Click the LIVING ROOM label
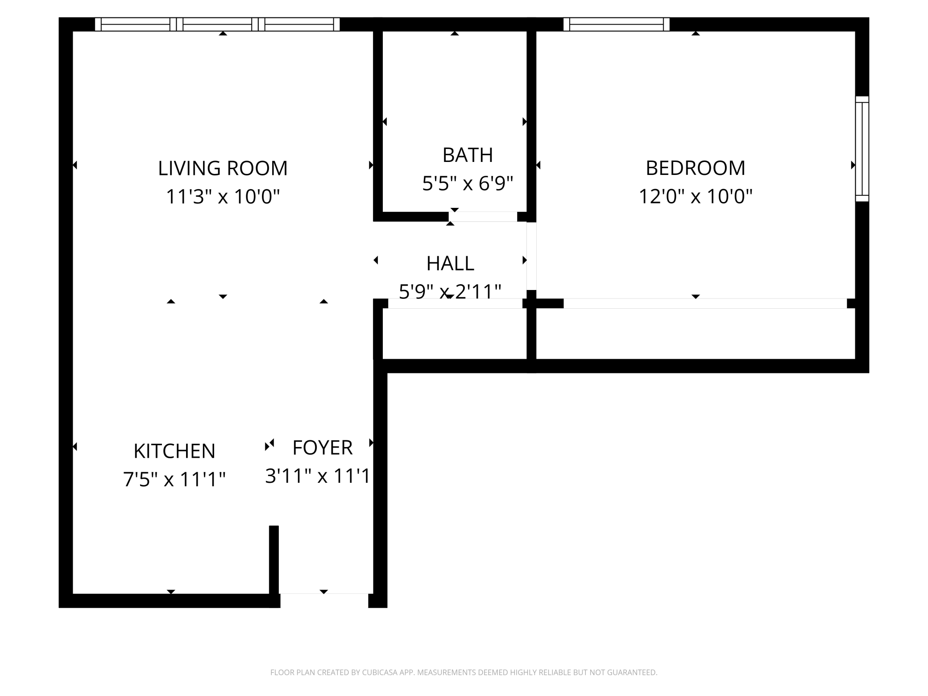[223, 168]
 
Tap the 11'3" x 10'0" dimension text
[223, 196]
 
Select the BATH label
[468, 155]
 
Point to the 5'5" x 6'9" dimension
[468, 183]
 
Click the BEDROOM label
[695, 168]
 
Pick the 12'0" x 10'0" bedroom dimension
[695, 196]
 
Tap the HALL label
[450, 264]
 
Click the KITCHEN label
[174, 451]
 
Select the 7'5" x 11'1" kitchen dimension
[174, 480]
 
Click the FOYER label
[322, 447]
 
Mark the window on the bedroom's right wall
[862, 149]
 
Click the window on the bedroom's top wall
[616, 24]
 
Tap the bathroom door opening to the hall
[483, 217]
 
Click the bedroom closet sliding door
[705, 303]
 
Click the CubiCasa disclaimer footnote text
[464, 672]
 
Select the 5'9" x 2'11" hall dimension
[450, 292]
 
